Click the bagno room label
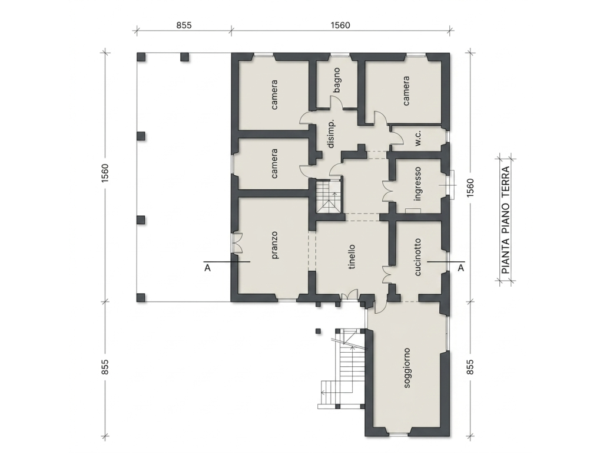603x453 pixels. click(337, 80)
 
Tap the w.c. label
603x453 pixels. click(419, 138)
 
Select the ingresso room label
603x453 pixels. click(418, 184)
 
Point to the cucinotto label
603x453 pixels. click(418, 257)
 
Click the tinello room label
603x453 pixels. click(352, 257)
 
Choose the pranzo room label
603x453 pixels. click(274, 245)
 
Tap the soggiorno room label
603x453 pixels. click(407, 368)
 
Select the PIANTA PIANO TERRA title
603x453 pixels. click(506, 220)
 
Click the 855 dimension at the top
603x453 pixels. click(184, 25)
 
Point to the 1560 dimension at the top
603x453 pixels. click(340, 25)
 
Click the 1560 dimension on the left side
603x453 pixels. click(105, 173)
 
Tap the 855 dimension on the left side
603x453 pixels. click(105, 367)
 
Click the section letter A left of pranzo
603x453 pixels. click(208, 268)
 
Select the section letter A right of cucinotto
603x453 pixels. click(460, 268)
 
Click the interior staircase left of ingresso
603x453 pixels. click(328, 196)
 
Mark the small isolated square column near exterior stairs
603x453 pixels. click(318, 331)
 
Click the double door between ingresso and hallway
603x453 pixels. click(387, 191)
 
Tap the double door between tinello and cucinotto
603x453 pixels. click(387, 275)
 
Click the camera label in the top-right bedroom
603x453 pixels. click(406, 91)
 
